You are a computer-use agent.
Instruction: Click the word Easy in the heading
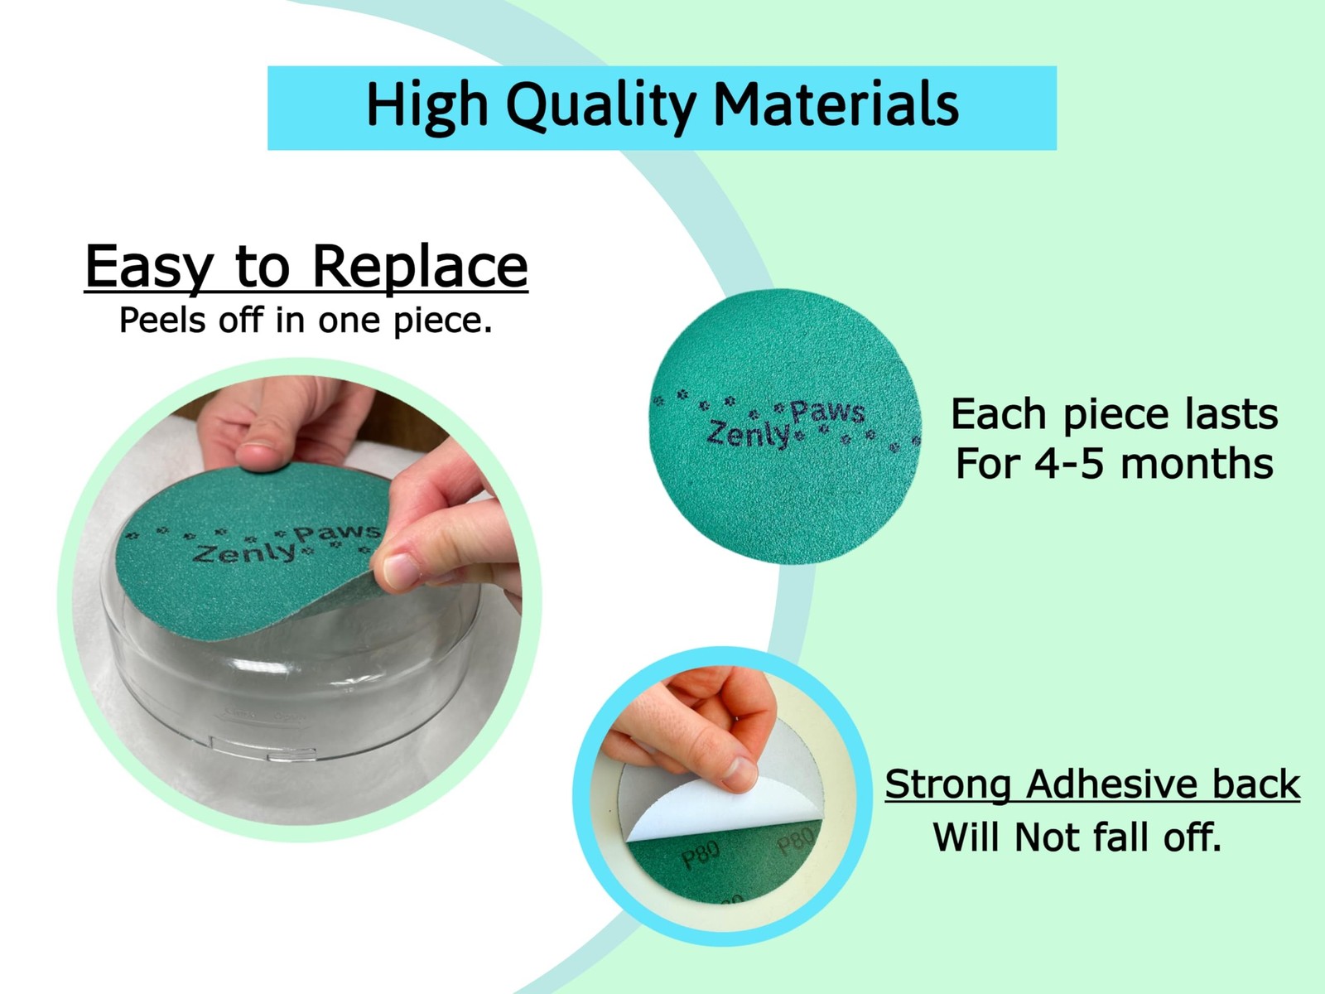coord(149,268)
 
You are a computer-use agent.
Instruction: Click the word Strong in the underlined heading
coord(947,784)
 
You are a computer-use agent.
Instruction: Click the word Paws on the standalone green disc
coord(828,412)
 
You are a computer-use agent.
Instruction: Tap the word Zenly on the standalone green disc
coord(749,434)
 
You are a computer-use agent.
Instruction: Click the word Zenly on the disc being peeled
coord(243,553)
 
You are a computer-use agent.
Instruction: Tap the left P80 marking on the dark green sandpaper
coord(701,856)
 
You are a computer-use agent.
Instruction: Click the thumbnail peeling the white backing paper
coord(739,774)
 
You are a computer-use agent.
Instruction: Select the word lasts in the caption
coord(1232,414)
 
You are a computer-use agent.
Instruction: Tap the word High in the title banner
coord(427,106)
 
